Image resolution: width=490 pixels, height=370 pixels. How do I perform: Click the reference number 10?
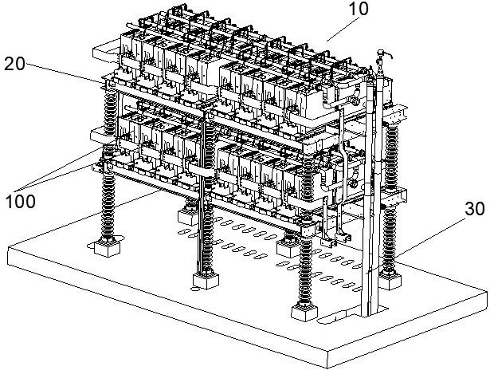click(359, 9)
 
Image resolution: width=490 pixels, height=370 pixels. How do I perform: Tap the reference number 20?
click(14, 64)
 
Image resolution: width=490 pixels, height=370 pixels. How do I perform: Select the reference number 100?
click(20, 202)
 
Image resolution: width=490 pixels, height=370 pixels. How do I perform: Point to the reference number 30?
click(475, 209)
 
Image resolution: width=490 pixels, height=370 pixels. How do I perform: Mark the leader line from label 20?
click(65, 73)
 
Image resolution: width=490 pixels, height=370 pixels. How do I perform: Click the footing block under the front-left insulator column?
click(108, 247)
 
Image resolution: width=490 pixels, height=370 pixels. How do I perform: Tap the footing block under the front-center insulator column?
click(206, 280)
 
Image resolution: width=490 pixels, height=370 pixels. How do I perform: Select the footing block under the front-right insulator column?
click(304, 312)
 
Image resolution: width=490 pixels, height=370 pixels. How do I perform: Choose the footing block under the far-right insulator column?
click(390, 281)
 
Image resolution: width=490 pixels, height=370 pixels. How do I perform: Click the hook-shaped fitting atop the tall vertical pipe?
click(384, 54)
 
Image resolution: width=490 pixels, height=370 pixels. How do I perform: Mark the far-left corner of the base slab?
click(7, 247)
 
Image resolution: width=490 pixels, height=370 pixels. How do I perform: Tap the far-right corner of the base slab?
click(487, 291)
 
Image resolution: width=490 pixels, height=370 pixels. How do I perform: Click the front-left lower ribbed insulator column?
click(108, 205)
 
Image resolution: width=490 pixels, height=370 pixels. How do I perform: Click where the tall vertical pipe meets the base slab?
click(370, 313)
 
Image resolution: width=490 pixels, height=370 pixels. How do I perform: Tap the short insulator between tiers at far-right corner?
click(391, 156)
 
